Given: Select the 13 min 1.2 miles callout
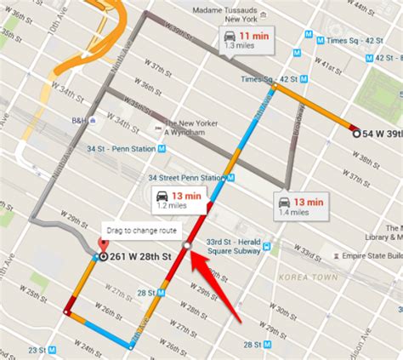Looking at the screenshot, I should (x=180, y=201).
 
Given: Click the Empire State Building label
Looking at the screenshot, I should (x=372, y=254).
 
